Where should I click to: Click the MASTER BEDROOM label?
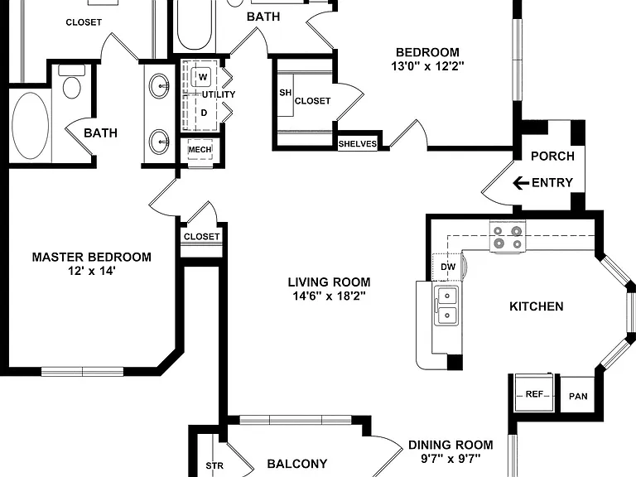coord(92,257)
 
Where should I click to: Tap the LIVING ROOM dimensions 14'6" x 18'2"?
coord(329,296)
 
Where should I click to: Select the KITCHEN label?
coord(537,306)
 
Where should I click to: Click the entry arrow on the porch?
coord(521,183)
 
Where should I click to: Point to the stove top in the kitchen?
coord(507,238)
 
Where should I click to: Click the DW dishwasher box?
coord(448,267)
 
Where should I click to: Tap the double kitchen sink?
coord(446,305)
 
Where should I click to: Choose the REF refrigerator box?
coord(533,393)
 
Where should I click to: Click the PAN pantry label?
coord(578,396)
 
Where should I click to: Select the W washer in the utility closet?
coord(203,77)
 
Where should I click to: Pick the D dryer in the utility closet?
coord(204,113)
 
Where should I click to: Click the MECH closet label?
coord(200,150)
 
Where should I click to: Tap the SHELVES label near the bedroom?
coord(358,143)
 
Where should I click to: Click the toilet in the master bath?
coord(72,81)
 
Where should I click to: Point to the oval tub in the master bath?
coord(31,126)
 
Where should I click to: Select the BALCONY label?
coord(297,463)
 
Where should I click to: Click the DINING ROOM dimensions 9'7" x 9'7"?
coord(450,459)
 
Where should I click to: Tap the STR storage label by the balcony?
coord(214,465)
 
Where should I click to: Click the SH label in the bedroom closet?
coord(285,93)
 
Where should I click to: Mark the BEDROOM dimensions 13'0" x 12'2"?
coord(427,65)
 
